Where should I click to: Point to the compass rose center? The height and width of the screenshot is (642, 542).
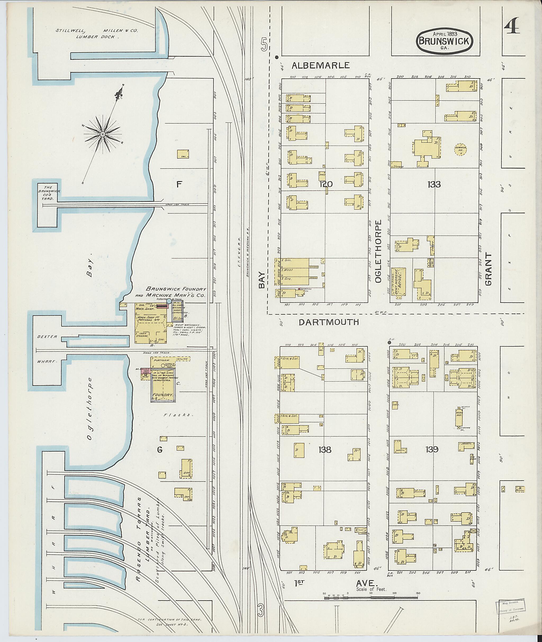pyautogui.click(x=103, y=134)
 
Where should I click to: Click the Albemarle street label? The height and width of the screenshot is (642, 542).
pyautogui.click(x=320, y=65)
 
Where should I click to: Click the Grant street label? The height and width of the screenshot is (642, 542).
pyautogui.click(x=488, y=269)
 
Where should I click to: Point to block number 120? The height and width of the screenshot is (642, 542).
pyautogui.click(x=326, y=184)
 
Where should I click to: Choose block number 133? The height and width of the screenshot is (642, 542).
pyautogui.click(x=434, y=184)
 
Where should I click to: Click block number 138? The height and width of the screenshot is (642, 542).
pyautogui.click(x=324, y=450)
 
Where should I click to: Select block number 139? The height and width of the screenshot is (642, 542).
pyautogui.click(x=432, y=450)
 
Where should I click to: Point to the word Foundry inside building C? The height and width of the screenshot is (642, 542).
pyautogui.click(x=165, y=394)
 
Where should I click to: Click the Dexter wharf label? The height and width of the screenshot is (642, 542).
pyautogui.click(x=47, y=337)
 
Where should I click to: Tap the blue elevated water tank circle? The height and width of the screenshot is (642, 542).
pyautogui.click(x=169, y=301)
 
